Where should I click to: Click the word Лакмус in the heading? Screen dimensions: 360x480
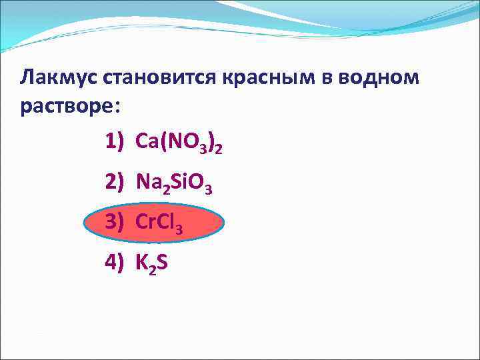(x=59, y=77)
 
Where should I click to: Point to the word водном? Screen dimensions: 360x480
(x=380, y=77)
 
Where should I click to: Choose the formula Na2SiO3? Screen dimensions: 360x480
(x=173, y=182)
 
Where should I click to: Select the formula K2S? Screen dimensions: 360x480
(x=152, y=264)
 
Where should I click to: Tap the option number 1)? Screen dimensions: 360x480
(x=115, y=141)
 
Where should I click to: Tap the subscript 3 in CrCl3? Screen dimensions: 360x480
(x=179, y=229)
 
